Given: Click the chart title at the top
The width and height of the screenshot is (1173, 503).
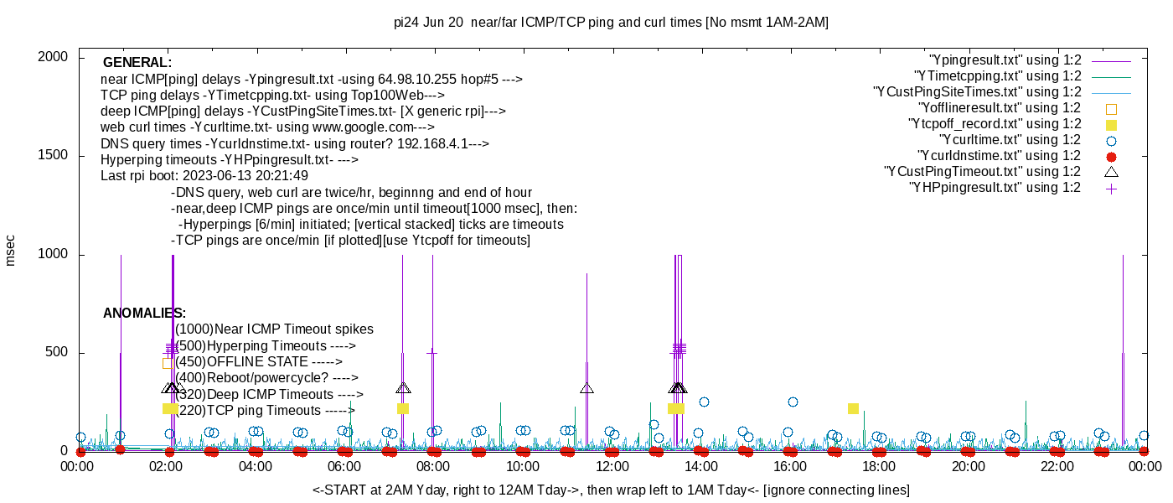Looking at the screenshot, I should (611, 23).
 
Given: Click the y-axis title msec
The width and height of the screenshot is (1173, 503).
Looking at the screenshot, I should (11, 248).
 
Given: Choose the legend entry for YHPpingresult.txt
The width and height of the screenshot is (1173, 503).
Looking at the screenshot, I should (995, 188).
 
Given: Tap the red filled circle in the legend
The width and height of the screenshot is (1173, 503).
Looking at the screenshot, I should (1112, 156).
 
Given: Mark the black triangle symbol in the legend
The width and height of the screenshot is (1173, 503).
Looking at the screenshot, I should (1112, 172).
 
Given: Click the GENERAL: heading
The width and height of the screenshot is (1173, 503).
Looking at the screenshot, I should (137, 63).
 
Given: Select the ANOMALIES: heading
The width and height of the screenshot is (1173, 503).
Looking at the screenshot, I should (144, 314).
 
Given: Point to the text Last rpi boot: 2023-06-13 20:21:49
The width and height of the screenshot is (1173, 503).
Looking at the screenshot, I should (204, 175).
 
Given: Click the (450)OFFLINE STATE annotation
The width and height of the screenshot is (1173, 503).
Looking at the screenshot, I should (259, 362).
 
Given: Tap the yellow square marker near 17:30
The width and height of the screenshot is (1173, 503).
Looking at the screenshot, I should (854, 408).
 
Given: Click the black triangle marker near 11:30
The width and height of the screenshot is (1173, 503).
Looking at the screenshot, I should (586, 387).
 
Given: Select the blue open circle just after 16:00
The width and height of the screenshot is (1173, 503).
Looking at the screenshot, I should (793, 402).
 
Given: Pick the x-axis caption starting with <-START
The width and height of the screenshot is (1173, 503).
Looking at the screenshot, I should (611, 490).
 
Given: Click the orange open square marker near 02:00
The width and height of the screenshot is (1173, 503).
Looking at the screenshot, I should (168, 363).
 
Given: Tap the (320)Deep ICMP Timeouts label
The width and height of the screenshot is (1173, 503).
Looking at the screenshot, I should (268, 394).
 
